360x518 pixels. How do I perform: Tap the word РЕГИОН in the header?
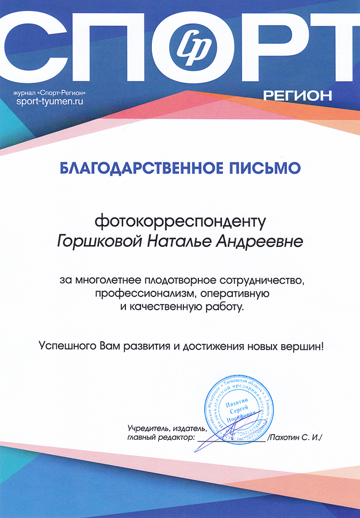[297, 96]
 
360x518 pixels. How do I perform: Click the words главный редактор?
[159, 437]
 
